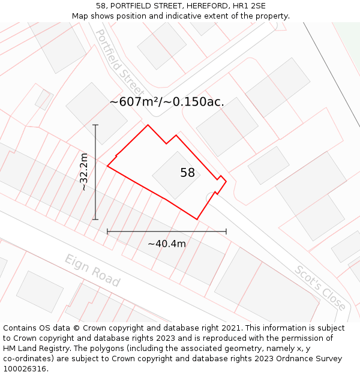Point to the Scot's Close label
(320, 288)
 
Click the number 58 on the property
(187, 173)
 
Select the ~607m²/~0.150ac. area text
(167, 102)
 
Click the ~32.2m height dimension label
(84, 172)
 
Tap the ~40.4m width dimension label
(167, 244)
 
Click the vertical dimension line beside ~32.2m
(95, 180)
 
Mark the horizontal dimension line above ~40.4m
(167, 231)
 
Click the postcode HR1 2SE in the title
(248, 5)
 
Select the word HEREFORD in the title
(202, 5)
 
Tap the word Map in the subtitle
(81, 16)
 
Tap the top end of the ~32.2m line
(95, 125)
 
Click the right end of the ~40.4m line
(226, 231)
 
